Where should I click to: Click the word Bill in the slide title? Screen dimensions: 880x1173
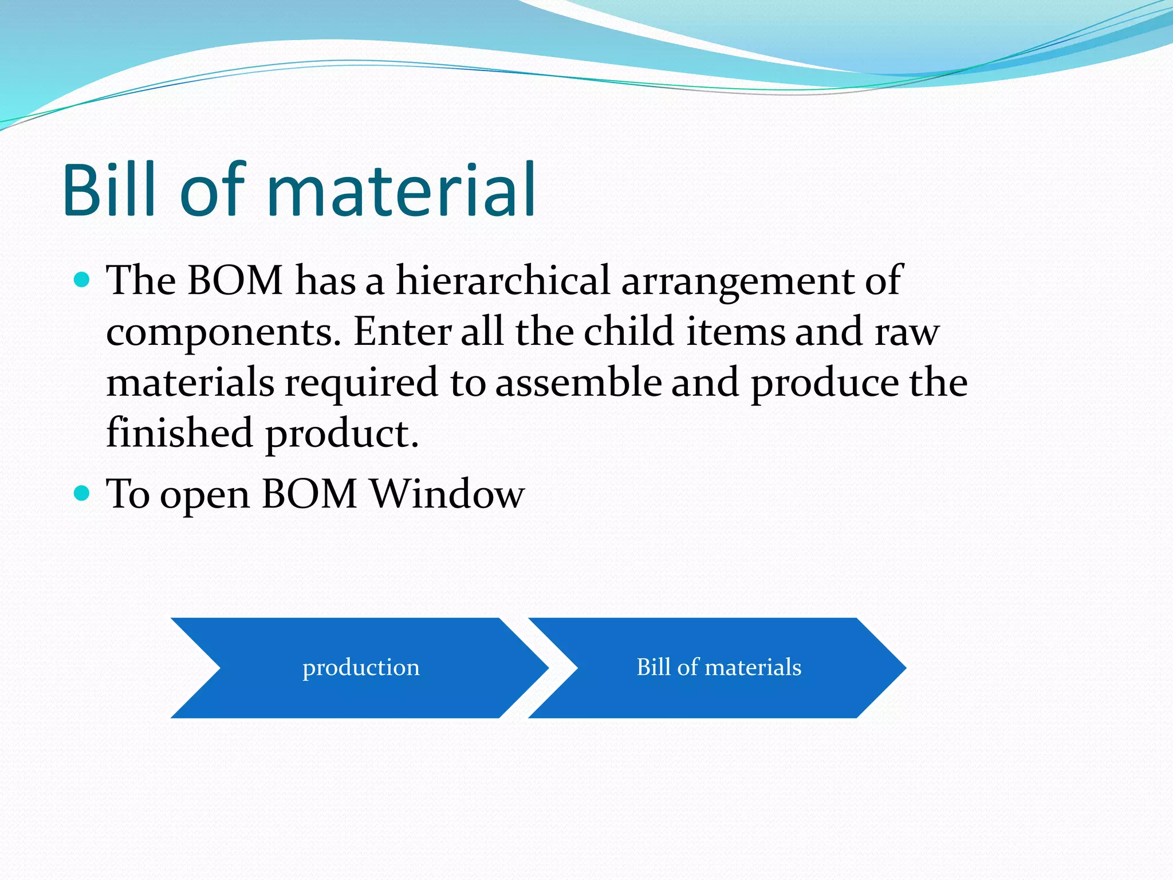(109, 190)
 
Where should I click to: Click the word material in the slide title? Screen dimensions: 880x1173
(401, 190)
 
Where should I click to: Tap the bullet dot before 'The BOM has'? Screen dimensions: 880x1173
(82, 280)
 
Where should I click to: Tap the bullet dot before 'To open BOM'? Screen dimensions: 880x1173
(82, 493)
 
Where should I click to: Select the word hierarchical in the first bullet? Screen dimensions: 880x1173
(503, 281)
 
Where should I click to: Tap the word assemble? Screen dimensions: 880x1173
(578, 382)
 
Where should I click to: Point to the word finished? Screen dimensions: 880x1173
(180, 433)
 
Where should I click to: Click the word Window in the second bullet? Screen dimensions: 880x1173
(447, 494)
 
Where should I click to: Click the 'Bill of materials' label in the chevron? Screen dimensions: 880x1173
(719, 667)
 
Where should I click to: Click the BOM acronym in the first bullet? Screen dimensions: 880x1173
(235, 281)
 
